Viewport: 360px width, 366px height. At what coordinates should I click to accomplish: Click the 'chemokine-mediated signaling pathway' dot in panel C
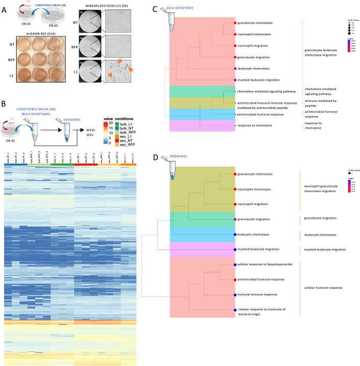(x=235, y=91)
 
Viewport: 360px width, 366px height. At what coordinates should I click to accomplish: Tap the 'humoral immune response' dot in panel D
(x=235, y=294)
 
